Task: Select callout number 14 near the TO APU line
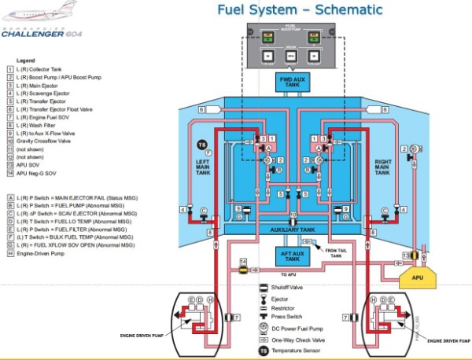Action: click(243, 261)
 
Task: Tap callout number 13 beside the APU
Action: click(407, 255)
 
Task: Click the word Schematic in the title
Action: click(343, 10)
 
